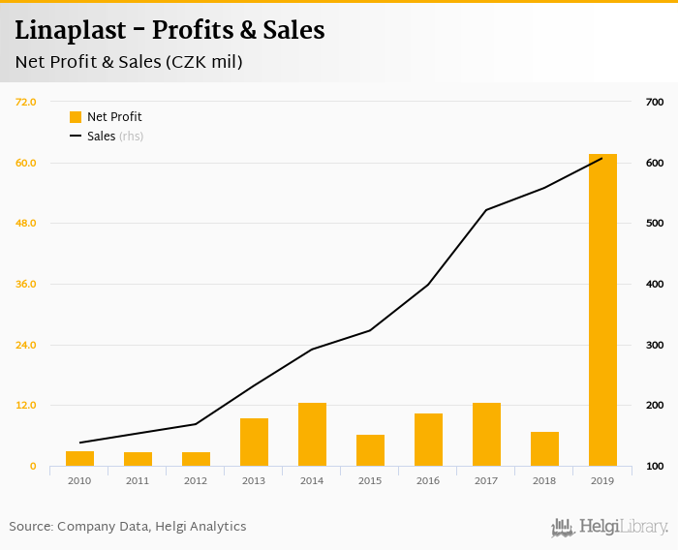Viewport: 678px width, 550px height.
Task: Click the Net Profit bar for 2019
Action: [602, 310]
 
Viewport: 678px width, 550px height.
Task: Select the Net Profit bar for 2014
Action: [312, 435]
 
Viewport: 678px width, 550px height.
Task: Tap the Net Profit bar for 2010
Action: [79, 459]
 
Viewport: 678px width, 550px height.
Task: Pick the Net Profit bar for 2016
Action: [428, 440]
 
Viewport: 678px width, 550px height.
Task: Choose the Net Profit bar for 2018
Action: [544, 449]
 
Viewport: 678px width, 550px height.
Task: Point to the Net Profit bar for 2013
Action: [254, 443]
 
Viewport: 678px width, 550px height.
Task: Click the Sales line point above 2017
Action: [486, 209]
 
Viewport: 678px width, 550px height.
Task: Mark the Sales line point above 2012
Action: [196, 424]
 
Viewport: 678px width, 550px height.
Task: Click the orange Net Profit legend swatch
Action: [76, 117]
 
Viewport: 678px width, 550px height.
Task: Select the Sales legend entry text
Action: [102, 137]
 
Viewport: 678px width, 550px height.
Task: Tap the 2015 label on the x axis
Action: [370, 479]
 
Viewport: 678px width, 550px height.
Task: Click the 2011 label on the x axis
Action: [138, 479]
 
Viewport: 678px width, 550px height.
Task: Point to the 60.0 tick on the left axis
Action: [25, 163]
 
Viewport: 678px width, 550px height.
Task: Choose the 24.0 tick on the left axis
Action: [25, 345]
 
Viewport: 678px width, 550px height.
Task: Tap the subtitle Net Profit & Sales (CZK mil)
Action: [128, 62]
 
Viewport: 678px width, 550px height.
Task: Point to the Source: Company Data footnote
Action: [128, 527]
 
